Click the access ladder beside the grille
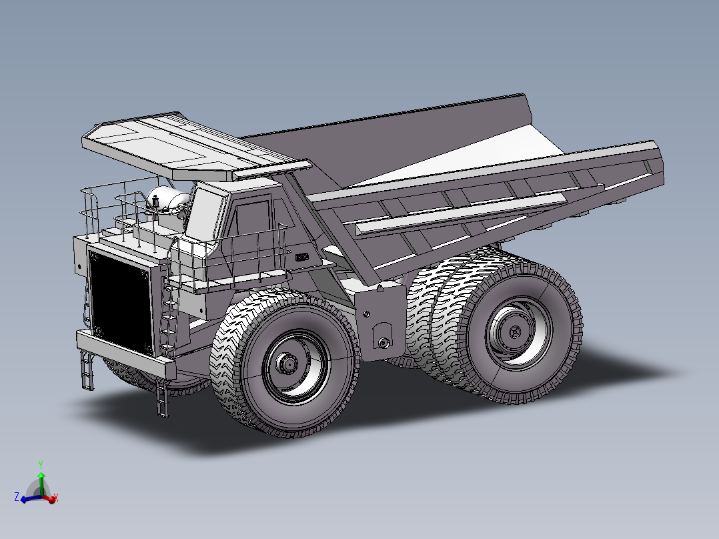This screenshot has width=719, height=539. click(x=169, y=314)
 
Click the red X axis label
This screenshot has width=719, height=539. click(x=56, y=498)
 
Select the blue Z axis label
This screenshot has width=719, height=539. click(x=16, y=497)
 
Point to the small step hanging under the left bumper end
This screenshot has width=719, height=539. click(x=87, y=371)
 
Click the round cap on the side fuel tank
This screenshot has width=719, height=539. click(x=384, y=343)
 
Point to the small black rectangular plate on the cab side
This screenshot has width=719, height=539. click(x=302, y=256)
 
